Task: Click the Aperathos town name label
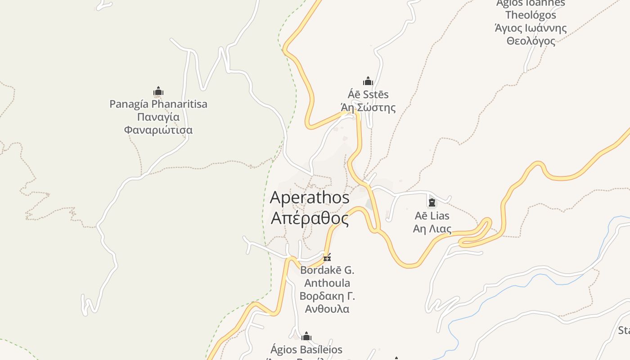[x=310, y=198]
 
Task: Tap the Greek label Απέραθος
[x=310, y=218]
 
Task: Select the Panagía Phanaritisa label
[x=158, y=104]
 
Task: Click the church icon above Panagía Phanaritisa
[x=158, y=92]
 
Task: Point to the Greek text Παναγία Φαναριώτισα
[x=158, y=124]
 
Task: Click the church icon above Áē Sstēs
[x=368, y=81]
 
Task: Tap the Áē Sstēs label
[x=368, y=94]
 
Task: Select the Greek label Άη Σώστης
[x=368, y=108]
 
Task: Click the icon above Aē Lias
[x=432, y=202]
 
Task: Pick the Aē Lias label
[x=432, y=216]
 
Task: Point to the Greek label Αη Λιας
[x=432, y=229]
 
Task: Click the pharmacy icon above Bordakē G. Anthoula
[x=327, y=257]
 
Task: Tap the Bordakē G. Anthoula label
[x=327, y=277]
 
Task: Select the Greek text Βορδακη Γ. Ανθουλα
[x=327, y=302]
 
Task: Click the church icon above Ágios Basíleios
[x=306, y=337]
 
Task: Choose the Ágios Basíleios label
[x=306, y=350]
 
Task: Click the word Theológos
[x=531, y=15]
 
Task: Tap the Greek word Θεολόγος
[x=531, y=41]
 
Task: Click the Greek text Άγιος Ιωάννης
[x=531, y=28]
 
